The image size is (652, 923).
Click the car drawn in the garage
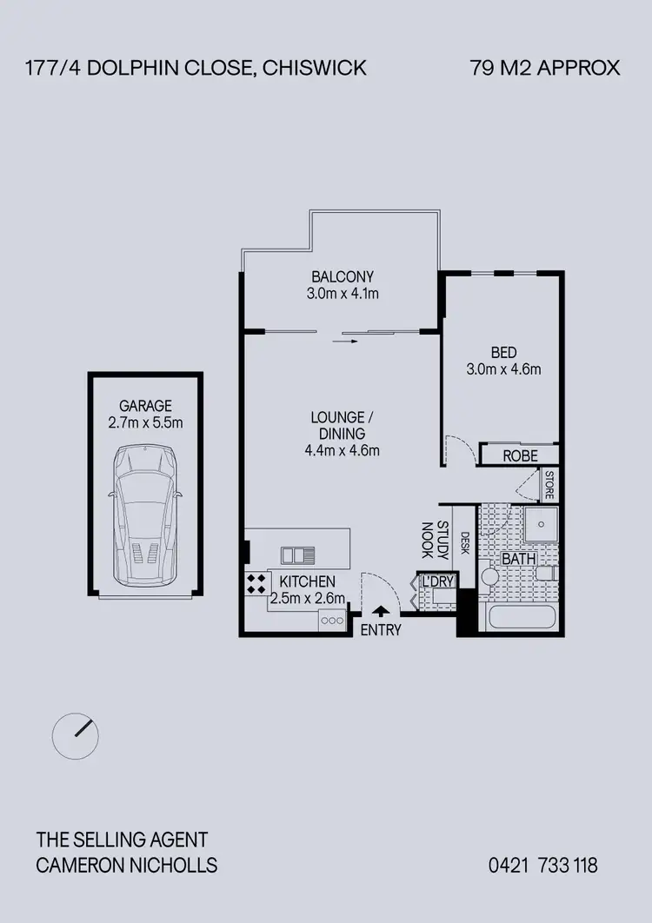145,516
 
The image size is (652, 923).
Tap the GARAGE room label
145,406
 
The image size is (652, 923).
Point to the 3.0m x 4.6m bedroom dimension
503,369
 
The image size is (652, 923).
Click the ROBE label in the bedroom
519,456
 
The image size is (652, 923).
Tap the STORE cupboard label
549,485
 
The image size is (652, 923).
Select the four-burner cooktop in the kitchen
256,584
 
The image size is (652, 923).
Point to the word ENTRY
381,631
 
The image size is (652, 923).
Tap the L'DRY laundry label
438,582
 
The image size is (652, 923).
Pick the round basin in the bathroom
489,577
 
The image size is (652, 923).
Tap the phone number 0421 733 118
543,865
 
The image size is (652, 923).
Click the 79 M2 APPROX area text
545,68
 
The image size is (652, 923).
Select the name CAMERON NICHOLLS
127,865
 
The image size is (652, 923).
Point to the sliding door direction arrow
344,342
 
